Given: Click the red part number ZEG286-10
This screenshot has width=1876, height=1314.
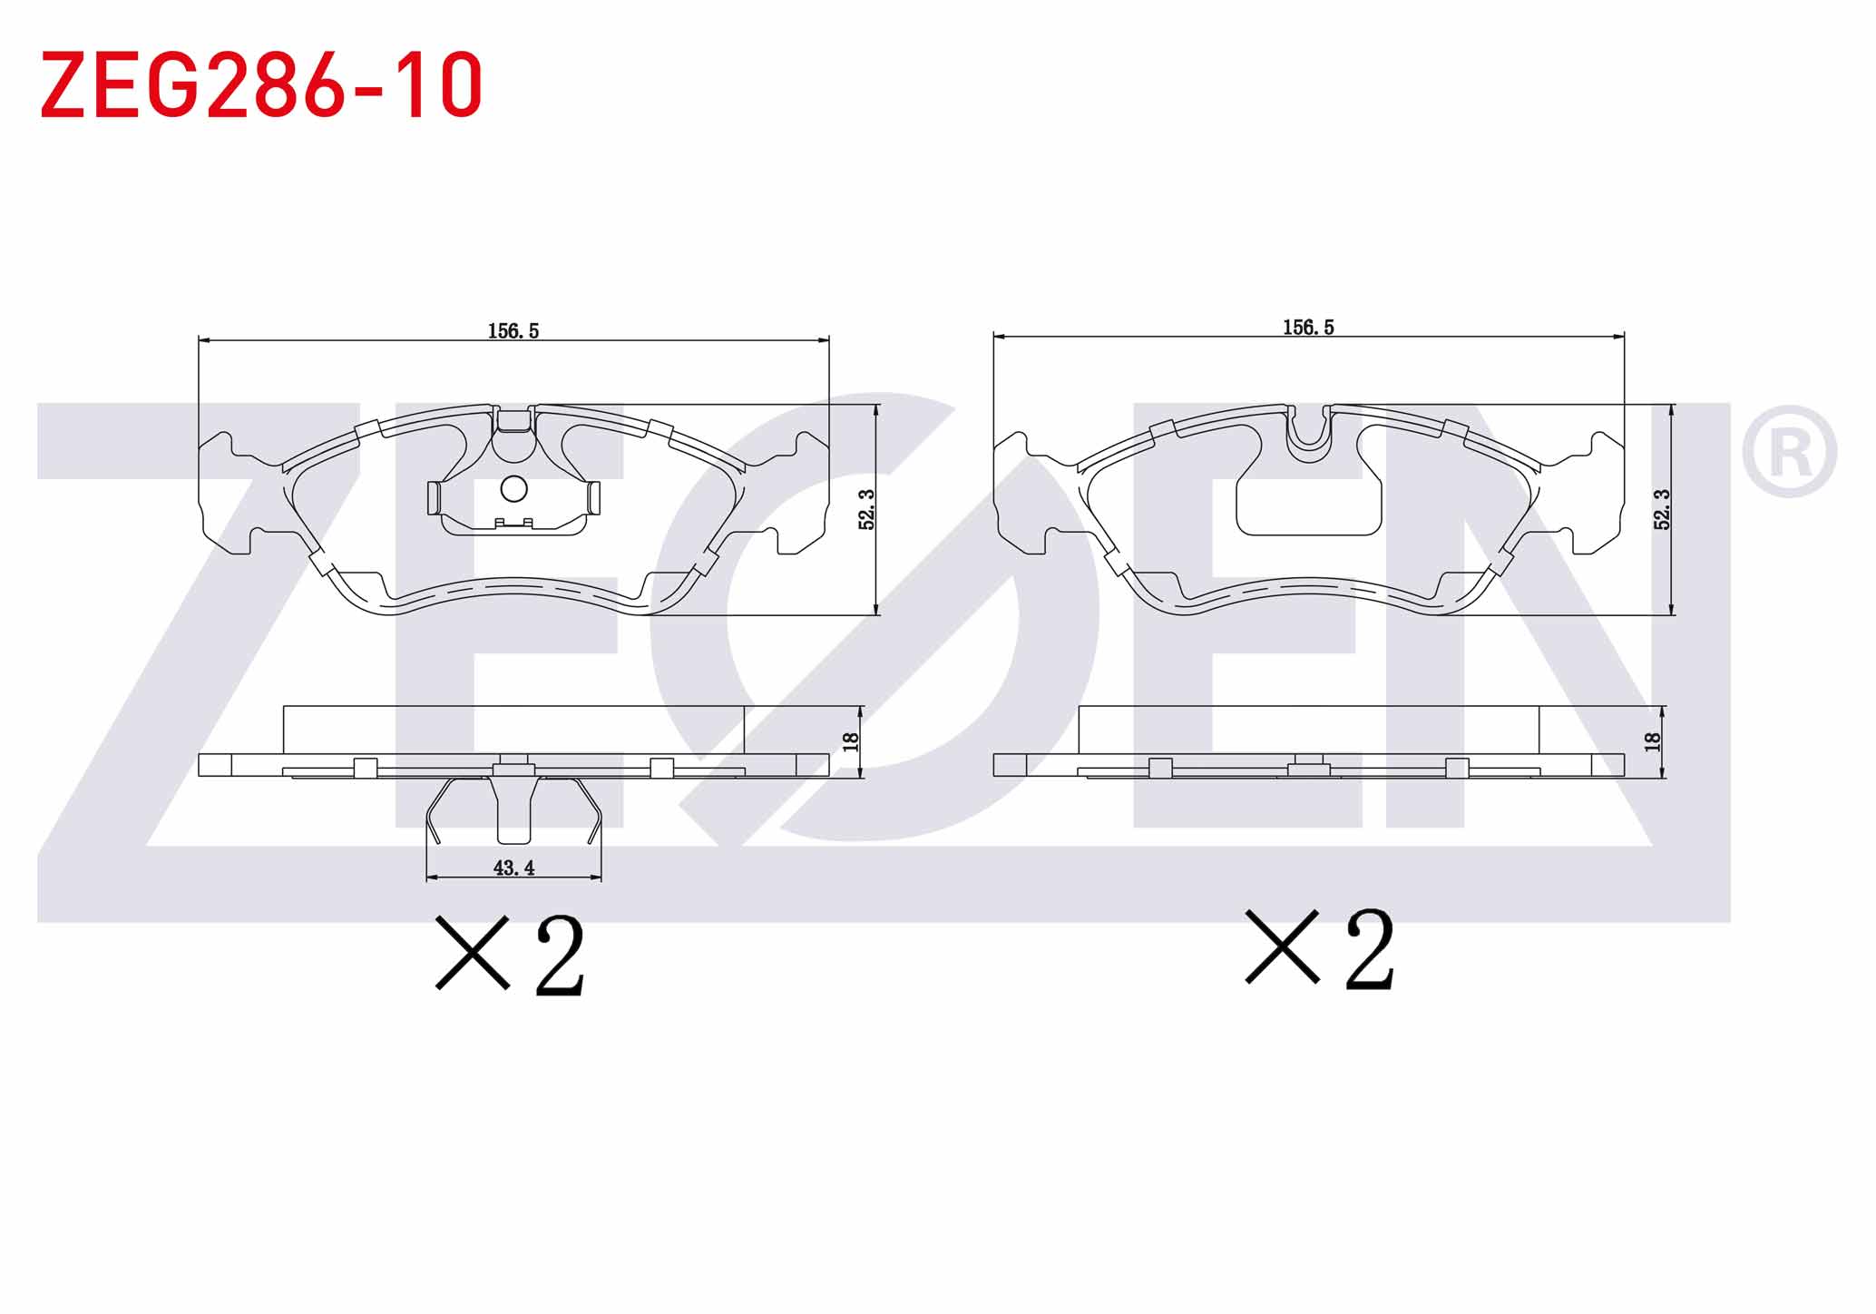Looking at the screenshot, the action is coord(261,84).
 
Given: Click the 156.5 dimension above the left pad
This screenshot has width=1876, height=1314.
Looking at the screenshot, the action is coord(513,331).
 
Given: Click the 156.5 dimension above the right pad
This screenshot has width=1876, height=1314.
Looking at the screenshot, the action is coord(1308,328).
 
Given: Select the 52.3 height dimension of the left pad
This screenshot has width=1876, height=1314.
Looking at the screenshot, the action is coord(866,509).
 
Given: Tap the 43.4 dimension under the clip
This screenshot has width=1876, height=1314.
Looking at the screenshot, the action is coord(513,868).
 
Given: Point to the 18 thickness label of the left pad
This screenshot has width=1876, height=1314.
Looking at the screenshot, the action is coord(850,741).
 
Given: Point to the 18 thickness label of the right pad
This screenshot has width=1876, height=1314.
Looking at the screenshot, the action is coord(1652,741).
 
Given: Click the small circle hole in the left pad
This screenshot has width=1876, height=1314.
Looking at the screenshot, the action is coord(513,489).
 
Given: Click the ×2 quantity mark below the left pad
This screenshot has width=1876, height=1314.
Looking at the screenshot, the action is coord(510,954).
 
